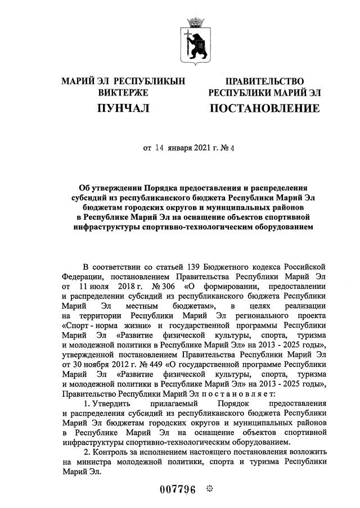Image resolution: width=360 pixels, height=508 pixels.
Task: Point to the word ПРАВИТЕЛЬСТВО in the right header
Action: coord(264,81)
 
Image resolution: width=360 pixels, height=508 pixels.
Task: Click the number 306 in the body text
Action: coord(167,286)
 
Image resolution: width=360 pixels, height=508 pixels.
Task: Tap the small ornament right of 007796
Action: coord(210,488)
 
